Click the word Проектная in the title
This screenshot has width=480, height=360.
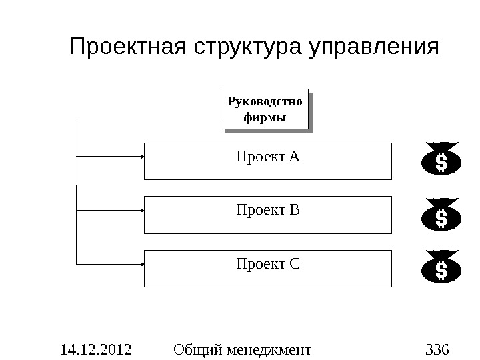coord(128,48)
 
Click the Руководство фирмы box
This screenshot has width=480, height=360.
coord(265,109)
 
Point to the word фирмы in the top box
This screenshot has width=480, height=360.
coord(265,118)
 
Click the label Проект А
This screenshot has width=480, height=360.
coord(268,157)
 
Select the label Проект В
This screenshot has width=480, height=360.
coord(268,211)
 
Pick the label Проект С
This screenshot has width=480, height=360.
coord(268,265)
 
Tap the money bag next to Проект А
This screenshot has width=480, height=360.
coord(441,160)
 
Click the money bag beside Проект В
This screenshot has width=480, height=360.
coord(441,215)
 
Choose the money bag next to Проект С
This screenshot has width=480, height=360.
coord(441,268)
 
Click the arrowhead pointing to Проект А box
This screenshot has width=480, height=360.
coord(142,156)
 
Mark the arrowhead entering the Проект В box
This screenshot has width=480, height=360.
coord(142,210)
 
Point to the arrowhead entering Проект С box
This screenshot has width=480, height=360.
coord(142,264)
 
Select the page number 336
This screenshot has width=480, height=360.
coord(437,348)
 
